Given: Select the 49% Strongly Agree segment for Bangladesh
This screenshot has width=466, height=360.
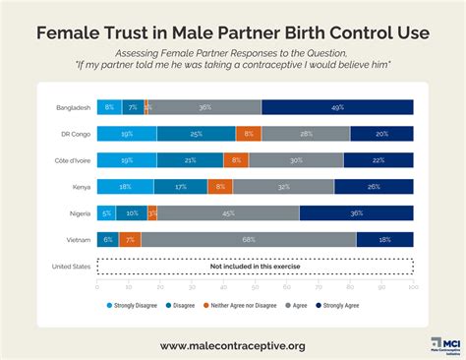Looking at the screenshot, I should (x=337, y=107).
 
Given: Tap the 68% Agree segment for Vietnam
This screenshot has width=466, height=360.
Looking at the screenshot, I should (x=249, y=239).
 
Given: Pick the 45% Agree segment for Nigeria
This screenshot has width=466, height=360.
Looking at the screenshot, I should (x=228, y=212).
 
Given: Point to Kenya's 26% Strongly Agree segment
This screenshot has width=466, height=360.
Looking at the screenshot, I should (x=374, y=186).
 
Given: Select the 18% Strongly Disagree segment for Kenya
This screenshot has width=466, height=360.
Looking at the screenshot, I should (x=125, y=186).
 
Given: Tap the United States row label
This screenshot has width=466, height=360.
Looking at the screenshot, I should (x=72, y=266).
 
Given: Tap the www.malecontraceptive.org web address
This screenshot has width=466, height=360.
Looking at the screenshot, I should (x=233, y=345).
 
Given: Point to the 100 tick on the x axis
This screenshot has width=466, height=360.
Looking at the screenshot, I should (x=413, y=286).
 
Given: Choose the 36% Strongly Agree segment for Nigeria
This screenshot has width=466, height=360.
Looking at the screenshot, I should (x=356, y=212).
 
